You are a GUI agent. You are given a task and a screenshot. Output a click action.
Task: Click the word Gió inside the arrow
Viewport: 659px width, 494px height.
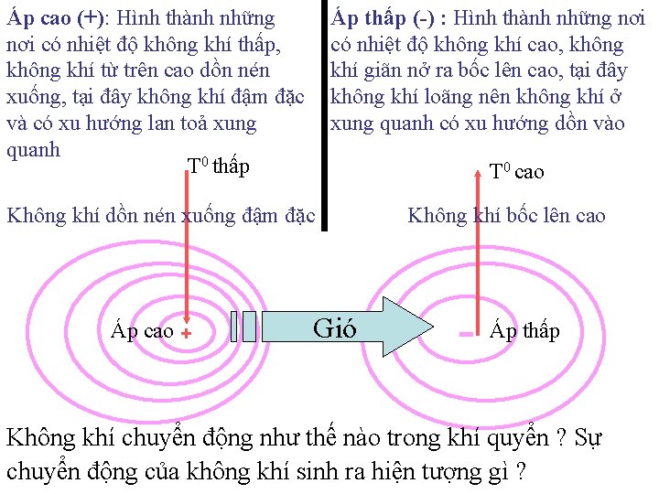tap(335, 328)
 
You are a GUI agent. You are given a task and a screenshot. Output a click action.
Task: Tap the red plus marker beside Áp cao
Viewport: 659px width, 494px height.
tap(186, 335)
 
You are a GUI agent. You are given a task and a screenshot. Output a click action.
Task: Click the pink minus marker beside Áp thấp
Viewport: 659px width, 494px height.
tap(467, 335)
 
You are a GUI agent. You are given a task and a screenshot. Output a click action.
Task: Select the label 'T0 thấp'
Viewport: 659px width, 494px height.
tap(218, 166)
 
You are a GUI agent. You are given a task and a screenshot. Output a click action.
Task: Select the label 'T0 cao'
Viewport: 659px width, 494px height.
tap(516, 171)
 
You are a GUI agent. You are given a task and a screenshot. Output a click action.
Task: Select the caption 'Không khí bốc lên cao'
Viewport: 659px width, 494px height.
tap(506, 216)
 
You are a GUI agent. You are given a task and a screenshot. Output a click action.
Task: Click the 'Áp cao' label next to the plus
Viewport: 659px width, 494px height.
tap(142, 331)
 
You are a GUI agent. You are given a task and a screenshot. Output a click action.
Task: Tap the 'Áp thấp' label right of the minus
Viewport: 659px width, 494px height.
tap(524, 331)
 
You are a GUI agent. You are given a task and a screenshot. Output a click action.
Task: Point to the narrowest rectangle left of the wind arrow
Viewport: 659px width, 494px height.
tap(235, 326)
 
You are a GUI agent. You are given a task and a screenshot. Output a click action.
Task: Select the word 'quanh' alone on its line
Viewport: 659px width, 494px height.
tap(33, 150)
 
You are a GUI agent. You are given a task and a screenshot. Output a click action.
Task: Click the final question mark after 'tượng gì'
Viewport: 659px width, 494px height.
tap(520, 473)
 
